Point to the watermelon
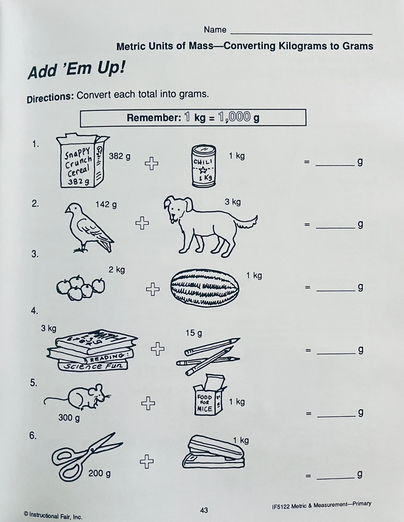coord(205,287)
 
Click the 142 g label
coord(106,205)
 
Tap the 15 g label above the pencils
coord(194,333)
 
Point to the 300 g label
coord(69,418)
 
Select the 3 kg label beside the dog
coord(232,202)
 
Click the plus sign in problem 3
coord(153,289)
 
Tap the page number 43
coord(204,510)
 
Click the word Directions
coord(50,98)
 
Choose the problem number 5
coord(34,383)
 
